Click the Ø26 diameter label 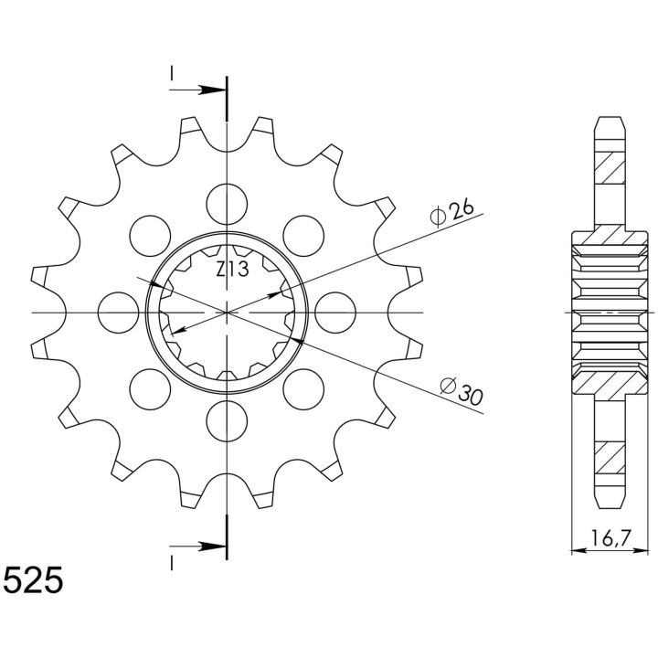[x=452, y=212]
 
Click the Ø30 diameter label [x=462, y=391]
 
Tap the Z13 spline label [x=232, y=269]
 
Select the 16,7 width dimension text [x=611, y=538]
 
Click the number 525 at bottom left [x=33, y=580]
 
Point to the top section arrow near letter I [x=197, y=90]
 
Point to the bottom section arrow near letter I [x=197, y=547]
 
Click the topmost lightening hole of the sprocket [x=227, y=204]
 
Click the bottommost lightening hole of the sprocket [x=227, y=421]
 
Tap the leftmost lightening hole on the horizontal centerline [x=118, y=313]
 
